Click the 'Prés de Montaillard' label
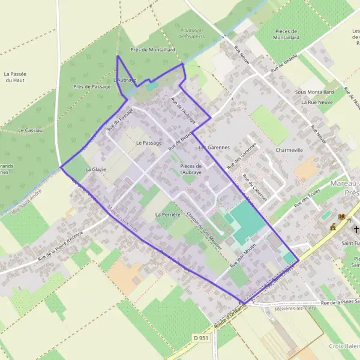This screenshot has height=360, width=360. pyautogui.click(x=152, y=50)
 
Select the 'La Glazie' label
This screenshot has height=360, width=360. pyautogui.click(x=95, y=170)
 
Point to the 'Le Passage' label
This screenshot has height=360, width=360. pyautogui.click(x=149, y=143)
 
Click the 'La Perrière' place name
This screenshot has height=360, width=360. pyautogui.click(x=167, y=214)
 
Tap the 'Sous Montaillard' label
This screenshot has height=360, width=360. pyautogui.click(x=314, y=92)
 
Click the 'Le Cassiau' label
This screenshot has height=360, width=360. pyautogui.click(x=29, y=130)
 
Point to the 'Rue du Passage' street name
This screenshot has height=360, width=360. pyautogui.click(x=119, y=120)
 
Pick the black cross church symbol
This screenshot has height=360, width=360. pyautogui.click(x=356, y=229)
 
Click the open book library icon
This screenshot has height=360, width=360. pyautogui.click(x=343, y=217)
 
